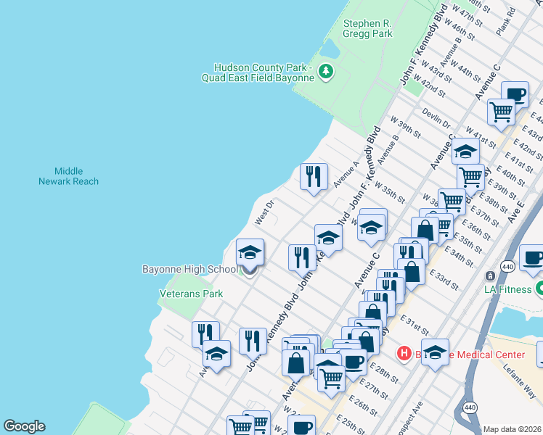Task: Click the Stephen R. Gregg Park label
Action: (x=367, y=28)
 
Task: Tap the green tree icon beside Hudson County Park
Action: (x=327, y=70)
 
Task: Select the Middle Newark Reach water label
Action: (x=68, y=175)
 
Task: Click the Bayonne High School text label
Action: (x=189, y=269)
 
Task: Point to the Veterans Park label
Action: (x=191, y=294)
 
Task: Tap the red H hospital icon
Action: (x=403, y=354)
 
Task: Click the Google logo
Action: (x=24, y=426)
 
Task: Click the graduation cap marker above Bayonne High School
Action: (x=250, y=252)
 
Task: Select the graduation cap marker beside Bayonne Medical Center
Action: (x=435, y=352)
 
